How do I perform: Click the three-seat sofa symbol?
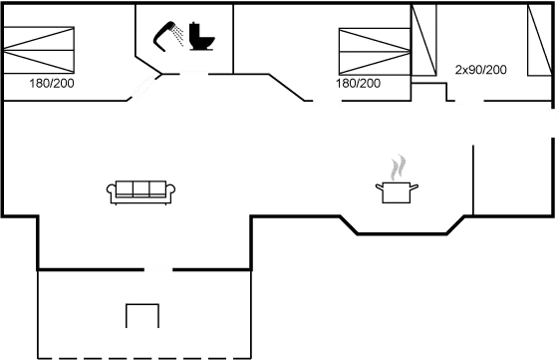click(x=139, y=189)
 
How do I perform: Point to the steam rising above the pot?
click(x=399, y=166)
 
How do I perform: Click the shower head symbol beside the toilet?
click(x=165, y=35)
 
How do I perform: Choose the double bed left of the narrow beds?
click(x=374, y=49)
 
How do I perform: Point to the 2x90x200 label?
click(x=481, y=71)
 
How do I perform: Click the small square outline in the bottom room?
click(x=142, y=316)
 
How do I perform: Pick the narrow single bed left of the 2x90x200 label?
click(x=423, y=40)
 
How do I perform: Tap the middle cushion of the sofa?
click(x=139, y=188)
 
